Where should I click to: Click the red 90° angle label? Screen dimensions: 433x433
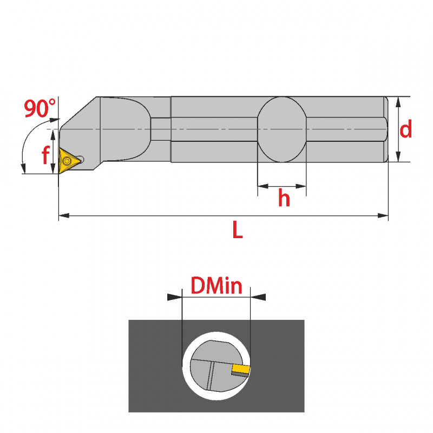(x=40, y=108)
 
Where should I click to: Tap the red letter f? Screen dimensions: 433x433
(x=45, y=154)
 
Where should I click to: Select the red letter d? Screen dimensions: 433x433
(x=405, y=129)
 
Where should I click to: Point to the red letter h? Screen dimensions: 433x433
(x=284, y=197)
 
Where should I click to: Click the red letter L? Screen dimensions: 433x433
(x=238, y=229)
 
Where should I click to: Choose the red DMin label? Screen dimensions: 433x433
(x=216, y=285)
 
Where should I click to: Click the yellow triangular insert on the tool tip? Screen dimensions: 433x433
(x=68, y=160)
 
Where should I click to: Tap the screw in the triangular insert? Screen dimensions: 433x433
(x=67, y=160)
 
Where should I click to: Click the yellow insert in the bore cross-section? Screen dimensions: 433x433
(x=241, y=369)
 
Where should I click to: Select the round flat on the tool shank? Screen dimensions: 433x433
(x=282, y=129)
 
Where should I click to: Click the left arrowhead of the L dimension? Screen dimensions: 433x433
(x=64, y=215)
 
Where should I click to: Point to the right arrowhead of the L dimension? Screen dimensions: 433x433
(x=383, y=215)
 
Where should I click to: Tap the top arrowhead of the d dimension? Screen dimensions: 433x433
(x=398, y=102)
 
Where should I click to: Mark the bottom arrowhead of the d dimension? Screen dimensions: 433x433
(x=398, y=156)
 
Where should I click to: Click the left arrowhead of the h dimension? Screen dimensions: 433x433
(x=263, y=186)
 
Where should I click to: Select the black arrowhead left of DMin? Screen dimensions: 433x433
(x=175, y=297)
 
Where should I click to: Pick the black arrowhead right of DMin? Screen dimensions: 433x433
(x=258, y=297)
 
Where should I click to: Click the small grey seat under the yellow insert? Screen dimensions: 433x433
(x=240, y=374)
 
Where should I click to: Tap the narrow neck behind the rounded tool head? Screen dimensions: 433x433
(x=161, y=129)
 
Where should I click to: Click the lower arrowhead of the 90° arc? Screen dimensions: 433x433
(x=23, y=168)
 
